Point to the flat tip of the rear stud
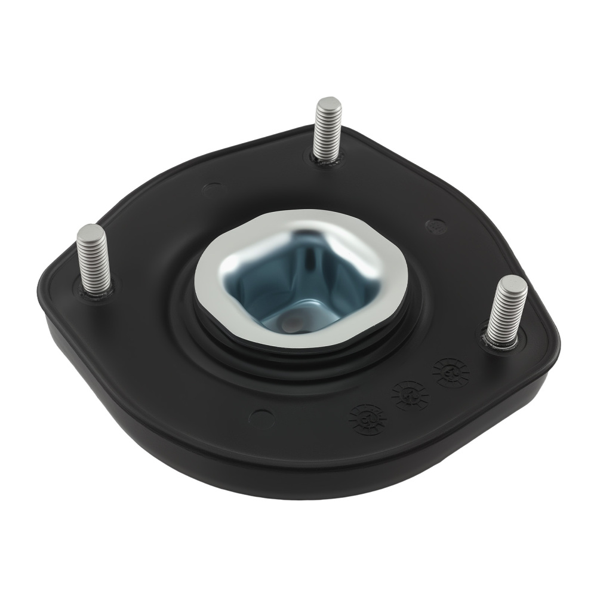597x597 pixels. tap(328, 103)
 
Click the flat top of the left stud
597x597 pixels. tap(91, 230)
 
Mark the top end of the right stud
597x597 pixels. tap(513, 282)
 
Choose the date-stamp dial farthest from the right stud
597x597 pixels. tap(367, 418)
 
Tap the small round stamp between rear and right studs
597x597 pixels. tap(436, 226)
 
